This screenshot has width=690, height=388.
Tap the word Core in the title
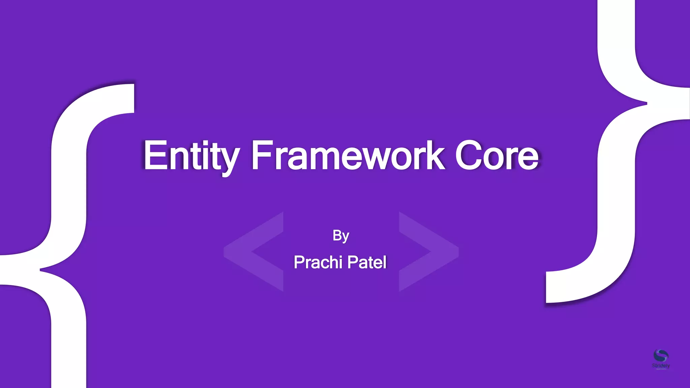(x=497, y=156)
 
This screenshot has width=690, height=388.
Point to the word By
(x=341, y=236)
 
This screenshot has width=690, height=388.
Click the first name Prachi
(x=318, y=262)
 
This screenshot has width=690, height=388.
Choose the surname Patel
(x=367, y=262)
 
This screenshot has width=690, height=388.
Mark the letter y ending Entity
(x=229, y=161)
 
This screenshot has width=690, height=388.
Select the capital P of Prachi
(x=299, y=262)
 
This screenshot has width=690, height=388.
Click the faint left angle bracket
(x=253, y=251)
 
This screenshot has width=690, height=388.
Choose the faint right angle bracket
(x=429, y=251)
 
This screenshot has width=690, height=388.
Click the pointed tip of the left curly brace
(x=41, y=269)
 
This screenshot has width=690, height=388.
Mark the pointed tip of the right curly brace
(x=646, y=103)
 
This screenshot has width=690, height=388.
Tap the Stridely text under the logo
(x=661, y=366)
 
